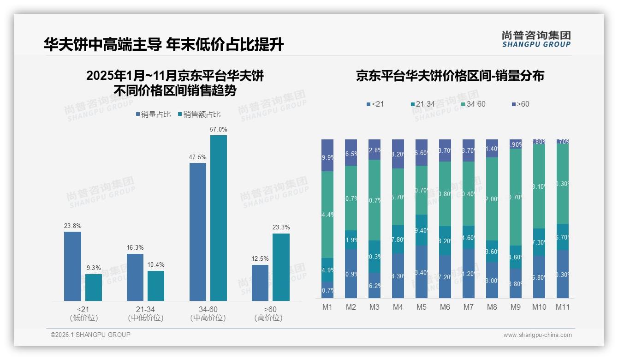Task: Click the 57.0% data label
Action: pos(219,130)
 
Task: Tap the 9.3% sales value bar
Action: pos(94,288)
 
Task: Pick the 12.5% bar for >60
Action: pos(260,283)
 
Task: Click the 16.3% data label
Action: pos(135,248)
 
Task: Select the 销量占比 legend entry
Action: pos(154,114)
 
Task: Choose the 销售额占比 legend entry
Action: pos(199,114)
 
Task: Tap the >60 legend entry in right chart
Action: pos(520,104)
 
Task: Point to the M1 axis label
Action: pos(327,307)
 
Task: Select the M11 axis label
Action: pos(563,307)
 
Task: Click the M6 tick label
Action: pos(445,307)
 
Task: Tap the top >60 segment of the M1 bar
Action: pos(327,155)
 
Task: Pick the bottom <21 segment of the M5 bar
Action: pos(422,272)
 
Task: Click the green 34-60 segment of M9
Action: pos(516,197)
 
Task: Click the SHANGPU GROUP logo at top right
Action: pos(536,39)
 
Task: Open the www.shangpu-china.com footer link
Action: pos(537,335)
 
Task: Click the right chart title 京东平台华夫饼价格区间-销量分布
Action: pos(450,76)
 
